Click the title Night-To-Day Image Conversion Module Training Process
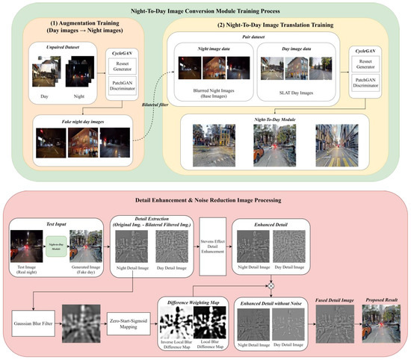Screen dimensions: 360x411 205,10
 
